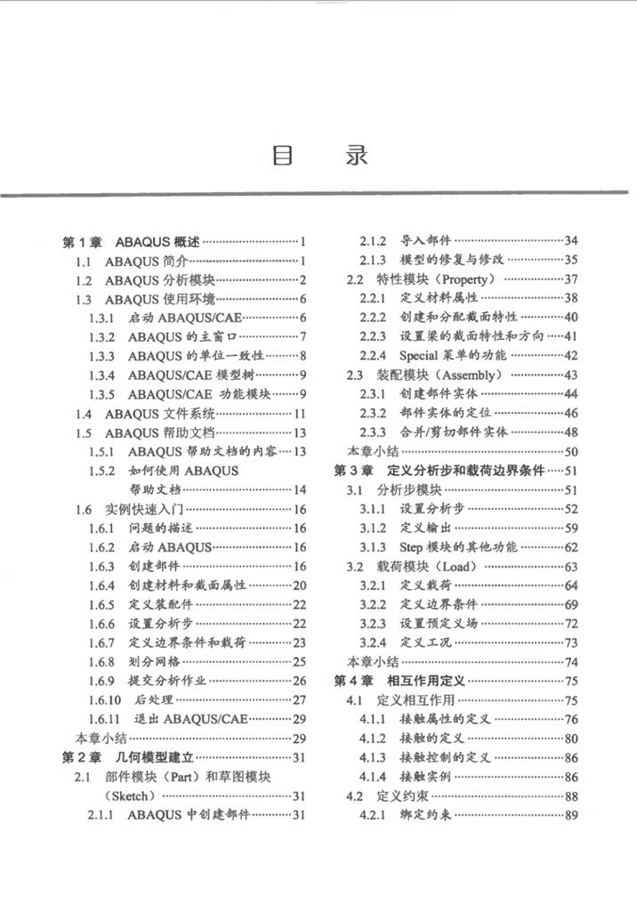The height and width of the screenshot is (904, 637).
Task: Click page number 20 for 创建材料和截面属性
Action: (x=299, y=585)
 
